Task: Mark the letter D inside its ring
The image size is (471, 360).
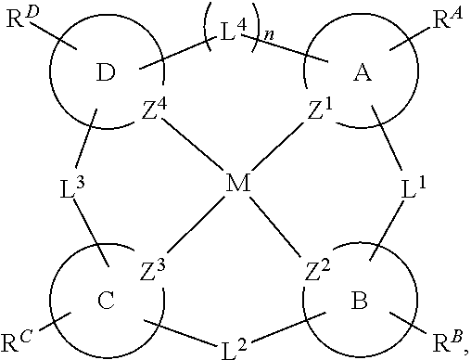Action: coord(105,73)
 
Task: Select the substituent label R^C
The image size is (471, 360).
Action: coord(18,342)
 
